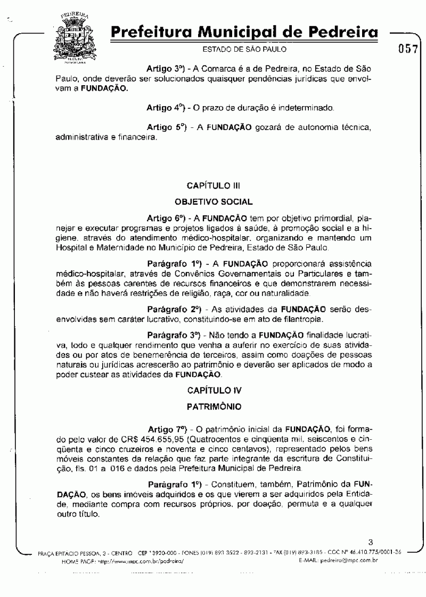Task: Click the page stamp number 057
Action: (407, 50)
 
